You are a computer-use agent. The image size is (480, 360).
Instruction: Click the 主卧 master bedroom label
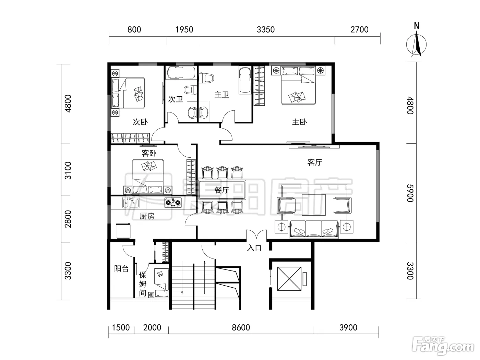(299, 122)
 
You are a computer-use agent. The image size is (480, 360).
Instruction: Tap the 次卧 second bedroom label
(140, 122)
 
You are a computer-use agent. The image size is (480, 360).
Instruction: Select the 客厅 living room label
(314, 163)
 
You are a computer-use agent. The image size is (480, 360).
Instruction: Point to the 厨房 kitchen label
(147, 216)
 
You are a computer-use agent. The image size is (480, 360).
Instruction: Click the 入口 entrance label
(254, 248)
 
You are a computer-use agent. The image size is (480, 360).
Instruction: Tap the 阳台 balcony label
(121, 269)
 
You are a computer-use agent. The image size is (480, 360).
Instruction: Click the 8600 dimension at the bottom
(241, 328)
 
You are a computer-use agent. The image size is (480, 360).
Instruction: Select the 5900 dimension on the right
(410, 193)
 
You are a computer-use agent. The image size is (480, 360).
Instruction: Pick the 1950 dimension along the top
(184, 29)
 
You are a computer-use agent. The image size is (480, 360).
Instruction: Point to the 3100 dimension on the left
(68, 170)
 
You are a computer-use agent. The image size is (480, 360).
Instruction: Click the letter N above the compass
(417, 26)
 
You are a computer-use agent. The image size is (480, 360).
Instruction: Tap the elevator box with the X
(289, 279)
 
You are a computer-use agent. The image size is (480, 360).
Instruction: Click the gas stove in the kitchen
(173, 203)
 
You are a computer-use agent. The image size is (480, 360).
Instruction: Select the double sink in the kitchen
(131, 203)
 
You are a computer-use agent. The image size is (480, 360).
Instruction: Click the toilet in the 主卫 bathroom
(206, 78)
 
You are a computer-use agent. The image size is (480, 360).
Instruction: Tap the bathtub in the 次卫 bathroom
(181, 72)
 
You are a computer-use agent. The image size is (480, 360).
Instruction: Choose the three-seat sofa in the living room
(314, 229)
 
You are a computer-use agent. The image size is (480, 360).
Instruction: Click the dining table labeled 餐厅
(222, 190)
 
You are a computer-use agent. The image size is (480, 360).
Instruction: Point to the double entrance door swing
(256, 235)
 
